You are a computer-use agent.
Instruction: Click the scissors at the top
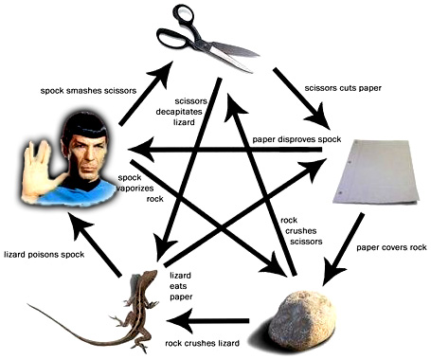pos(202,41)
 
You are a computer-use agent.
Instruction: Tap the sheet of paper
pos(377,171)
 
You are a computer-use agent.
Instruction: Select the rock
pos(299,321)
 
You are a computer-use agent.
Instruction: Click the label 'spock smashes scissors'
pos(88,91)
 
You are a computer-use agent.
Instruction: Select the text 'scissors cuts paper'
pos(343,88)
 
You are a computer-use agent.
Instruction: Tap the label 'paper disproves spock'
pos(296,139)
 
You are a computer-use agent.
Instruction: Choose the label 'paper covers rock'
pos(391,247)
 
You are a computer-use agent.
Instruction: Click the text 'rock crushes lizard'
pos(202,343)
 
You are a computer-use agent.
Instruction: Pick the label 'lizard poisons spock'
pos(44,255)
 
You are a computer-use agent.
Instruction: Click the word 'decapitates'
pos(179,112)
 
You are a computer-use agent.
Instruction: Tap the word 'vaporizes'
pos(135,189)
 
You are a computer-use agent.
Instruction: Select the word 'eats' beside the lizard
pos(178,286)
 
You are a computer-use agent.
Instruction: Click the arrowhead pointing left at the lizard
pos(179,321)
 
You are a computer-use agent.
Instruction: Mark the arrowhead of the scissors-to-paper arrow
pos(318,117)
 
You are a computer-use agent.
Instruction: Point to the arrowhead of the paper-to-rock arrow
pos(333,271)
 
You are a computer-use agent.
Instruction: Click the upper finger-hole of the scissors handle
pos(184,13)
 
